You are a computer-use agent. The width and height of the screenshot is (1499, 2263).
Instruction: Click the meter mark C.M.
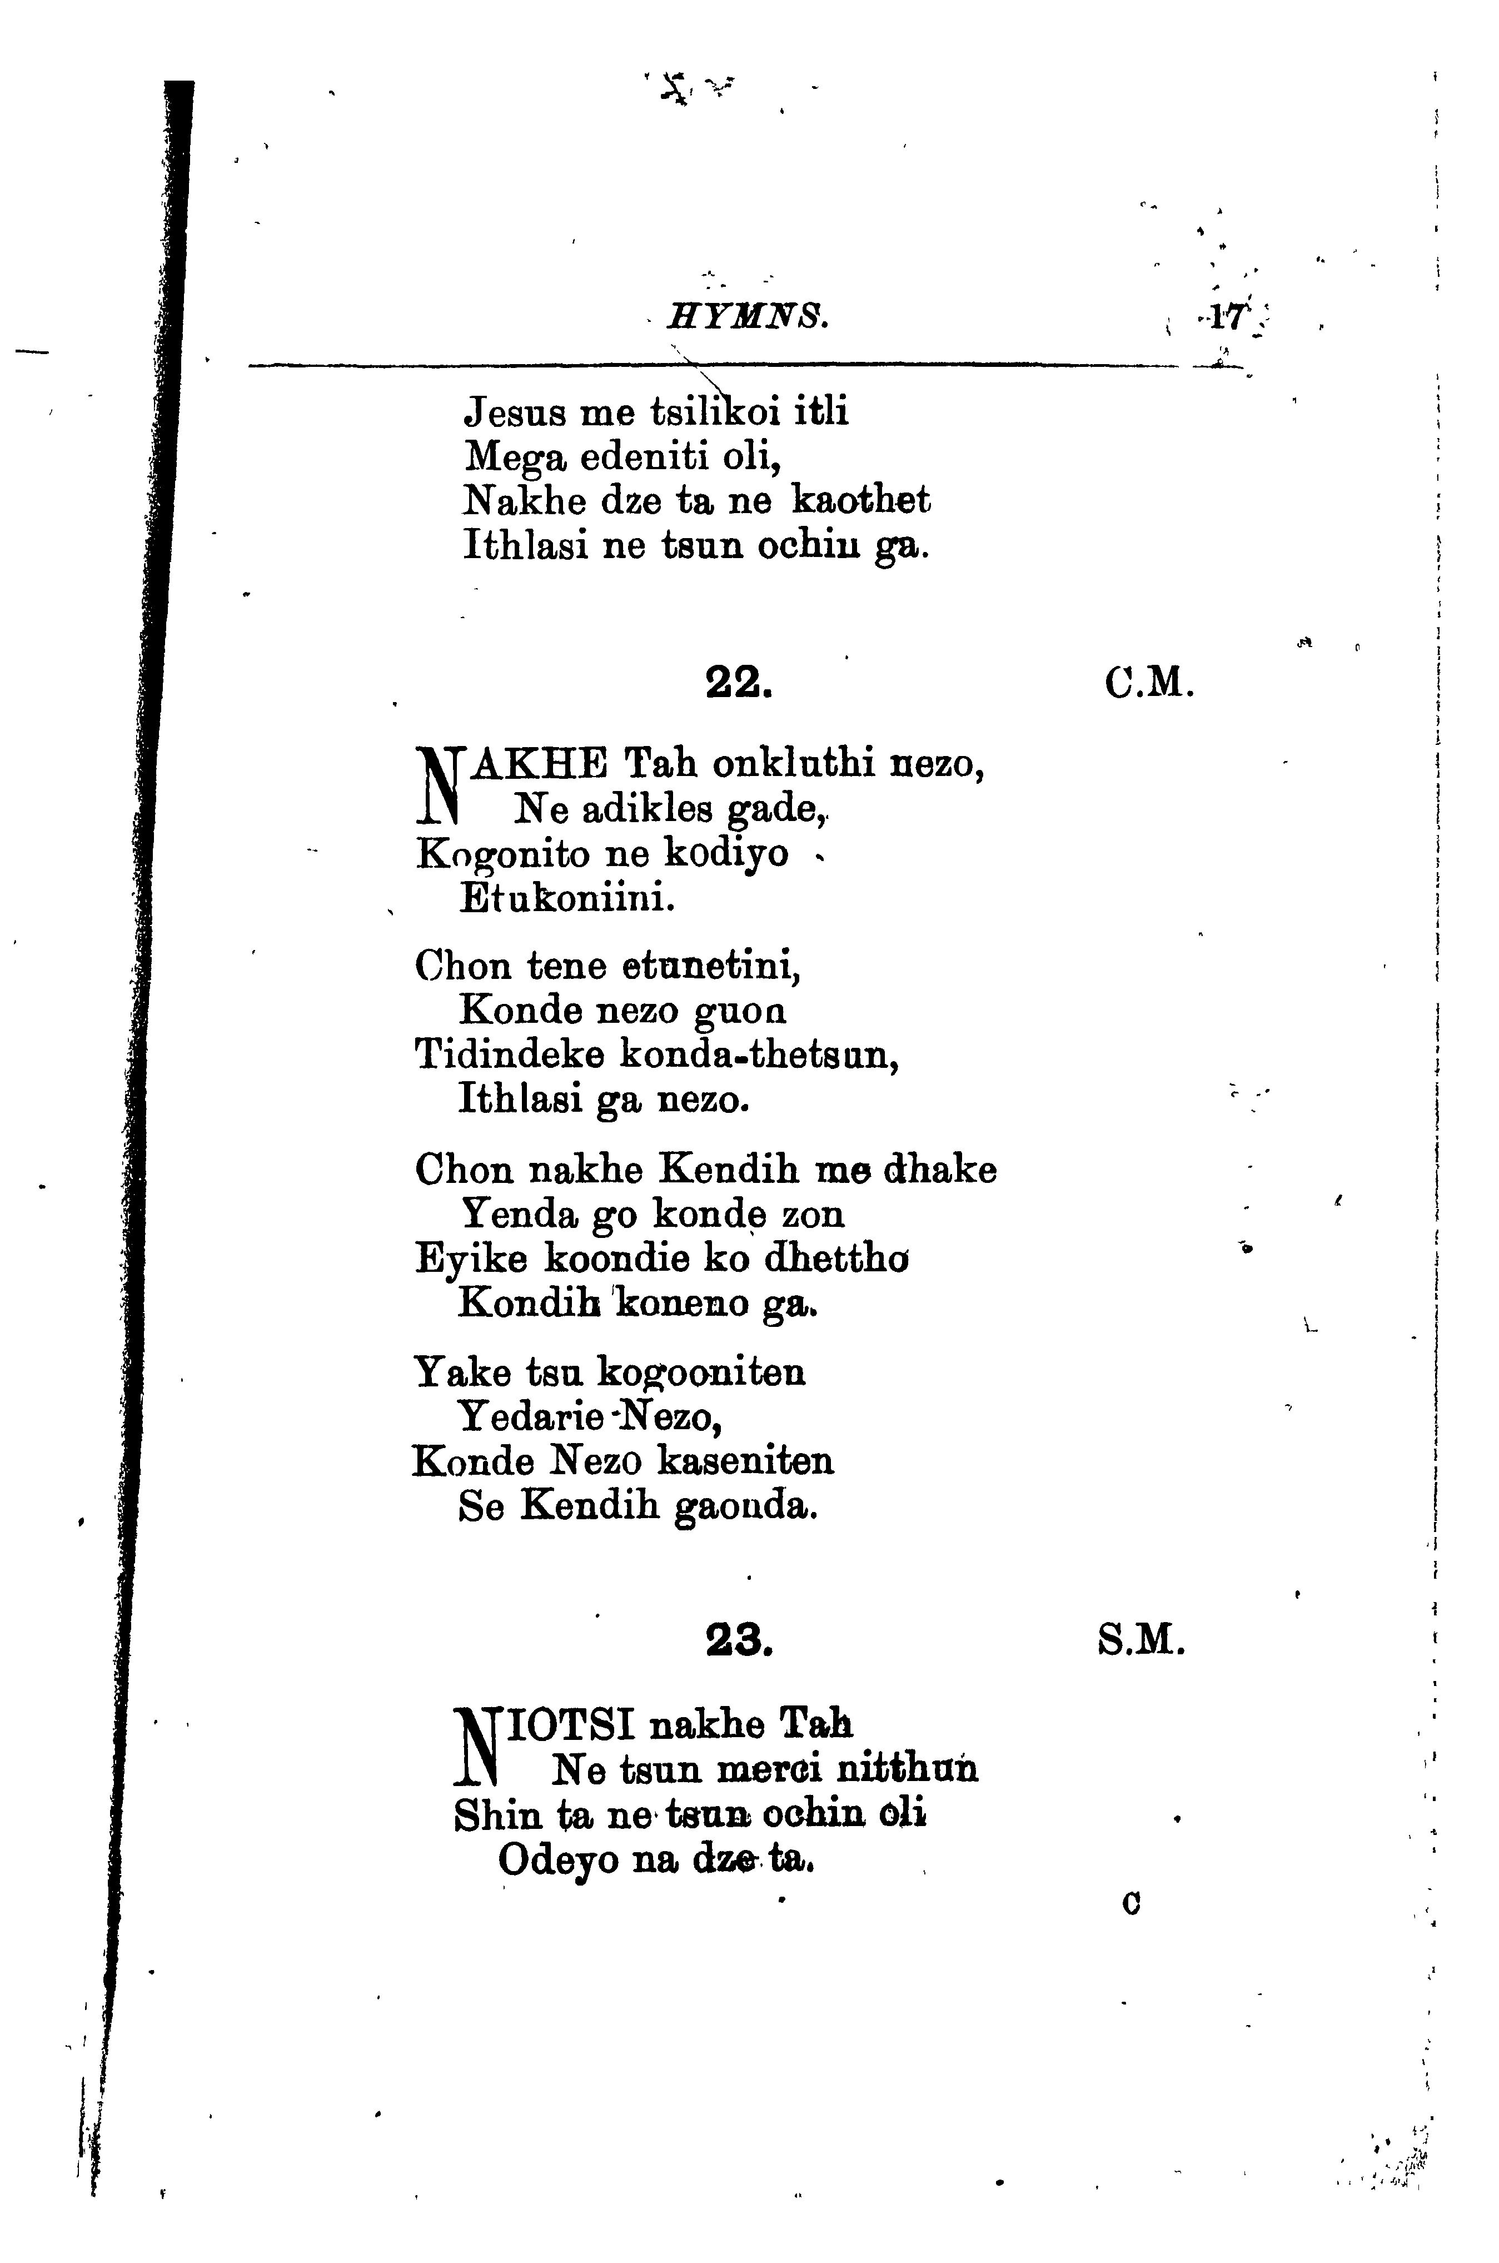pyautogui.click(x=1148, y=683)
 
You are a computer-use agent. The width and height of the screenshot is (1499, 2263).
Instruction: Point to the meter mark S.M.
pyautogui.click(x=1142, y=1642)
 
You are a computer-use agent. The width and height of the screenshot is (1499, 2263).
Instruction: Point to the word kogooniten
pyautogui.click(x=701, y=1373)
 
